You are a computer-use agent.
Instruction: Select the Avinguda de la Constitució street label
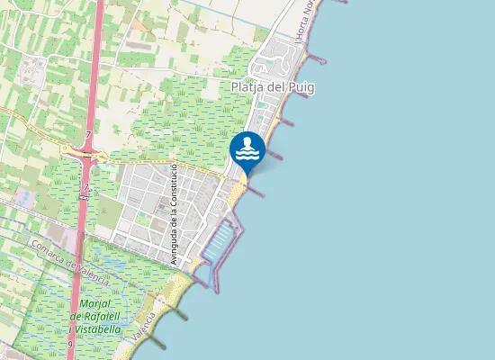coord(172,213)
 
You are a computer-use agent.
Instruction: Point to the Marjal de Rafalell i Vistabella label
coord(95,317)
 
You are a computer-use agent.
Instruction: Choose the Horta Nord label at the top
coord(307,19)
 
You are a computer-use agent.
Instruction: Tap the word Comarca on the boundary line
coord(48,251)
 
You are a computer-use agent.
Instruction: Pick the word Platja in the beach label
coord(248,86)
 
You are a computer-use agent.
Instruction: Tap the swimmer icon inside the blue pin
coord(247,148)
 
